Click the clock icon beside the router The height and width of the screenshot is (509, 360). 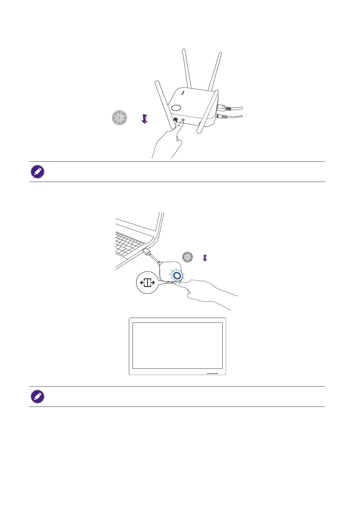119,118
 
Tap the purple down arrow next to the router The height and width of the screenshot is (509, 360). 145,118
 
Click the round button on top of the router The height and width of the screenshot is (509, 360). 176,108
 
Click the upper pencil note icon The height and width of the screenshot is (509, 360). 38,172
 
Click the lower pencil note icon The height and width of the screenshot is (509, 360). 38,397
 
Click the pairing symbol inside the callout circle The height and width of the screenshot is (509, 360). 147,283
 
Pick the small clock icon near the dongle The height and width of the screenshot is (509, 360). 188,257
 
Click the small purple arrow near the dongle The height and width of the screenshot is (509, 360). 205,258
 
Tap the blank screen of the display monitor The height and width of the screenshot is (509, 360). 178,345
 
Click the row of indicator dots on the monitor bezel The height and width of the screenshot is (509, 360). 212,374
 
